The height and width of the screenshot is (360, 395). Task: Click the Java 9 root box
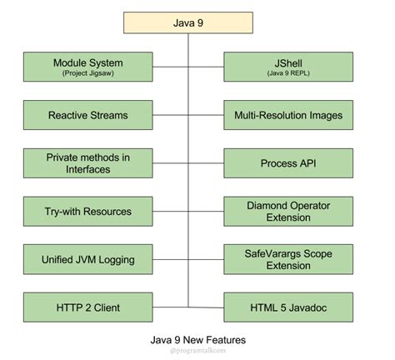(188, 22)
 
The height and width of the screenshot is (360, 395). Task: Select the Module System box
(88, 67)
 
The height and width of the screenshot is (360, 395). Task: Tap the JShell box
(288, 67)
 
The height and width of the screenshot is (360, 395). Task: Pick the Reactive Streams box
(88, 115)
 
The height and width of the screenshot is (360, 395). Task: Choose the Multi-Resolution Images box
(288, 115)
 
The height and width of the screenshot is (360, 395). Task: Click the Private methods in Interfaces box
(88, 163)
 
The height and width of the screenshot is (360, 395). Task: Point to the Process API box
(288, 163)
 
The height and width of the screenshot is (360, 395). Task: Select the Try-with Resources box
(88, 212)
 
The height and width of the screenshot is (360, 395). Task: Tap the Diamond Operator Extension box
(288, 212)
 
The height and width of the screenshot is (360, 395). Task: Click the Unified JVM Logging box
(88, 260)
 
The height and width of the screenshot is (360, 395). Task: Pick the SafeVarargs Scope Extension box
(288, 260)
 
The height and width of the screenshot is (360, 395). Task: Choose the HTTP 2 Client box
(88, 307)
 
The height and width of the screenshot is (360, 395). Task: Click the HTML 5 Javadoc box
(288, 307)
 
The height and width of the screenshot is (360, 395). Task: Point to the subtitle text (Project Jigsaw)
(88, 74)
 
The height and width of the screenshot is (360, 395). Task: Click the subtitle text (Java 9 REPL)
(288, 74)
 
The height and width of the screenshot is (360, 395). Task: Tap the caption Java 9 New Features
(197, 340)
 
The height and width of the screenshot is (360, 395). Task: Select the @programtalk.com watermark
(197, 352)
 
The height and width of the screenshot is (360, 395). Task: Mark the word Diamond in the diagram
(265, 205)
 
